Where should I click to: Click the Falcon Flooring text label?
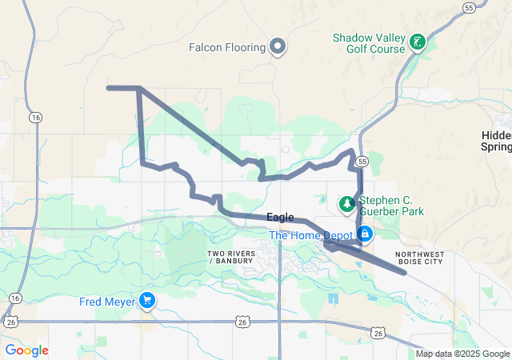click(226, 47)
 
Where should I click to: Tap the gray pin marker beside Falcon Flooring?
click(278, 46)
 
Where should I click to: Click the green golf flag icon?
click(416, 42)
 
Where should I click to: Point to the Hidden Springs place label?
click(497, 141)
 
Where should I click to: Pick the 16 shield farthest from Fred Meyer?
click(35, 117)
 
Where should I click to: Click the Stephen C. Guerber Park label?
click(391, 206)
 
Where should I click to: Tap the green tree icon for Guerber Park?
click(346, 204)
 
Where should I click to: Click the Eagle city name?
click(280, 218)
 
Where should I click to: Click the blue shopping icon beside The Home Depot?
click(365, 234)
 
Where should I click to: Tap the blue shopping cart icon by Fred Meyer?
click(147, 301)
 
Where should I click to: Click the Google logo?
click(26, 350)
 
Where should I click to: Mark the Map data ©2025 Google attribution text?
click(463, 354)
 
